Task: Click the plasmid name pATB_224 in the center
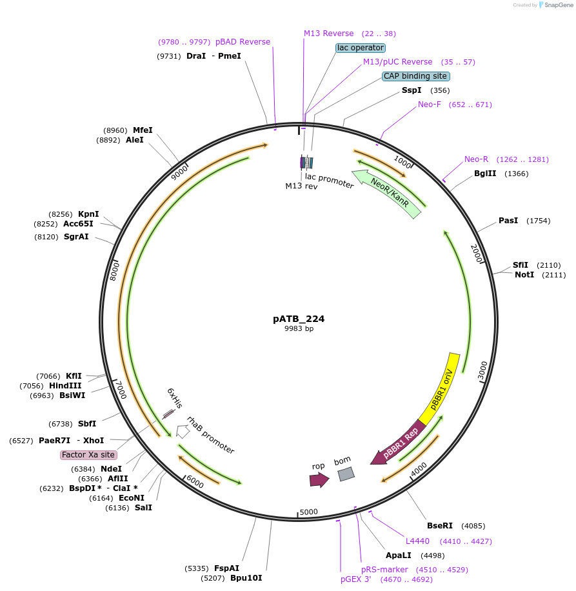click(x=299, y=319)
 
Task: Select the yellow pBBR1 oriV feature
click(x=440, y=389)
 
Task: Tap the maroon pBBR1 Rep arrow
click(x=398, y=443)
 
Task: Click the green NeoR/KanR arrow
click(x=387, y=193)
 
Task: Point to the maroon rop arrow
click(x=319, y=480)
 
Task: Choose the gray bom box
click(x=346, y=474)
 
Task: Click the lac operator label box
click(x=361, y=48)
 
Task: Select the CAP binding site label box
click(x=416, y=76)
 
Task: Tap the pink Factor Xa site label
click(x=88, y=455)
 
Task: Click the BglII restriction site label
click(x=485, y=174)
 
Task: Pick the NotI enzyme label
click(x=524, y=275)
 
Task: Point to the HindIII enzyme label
click(x=65, y=386)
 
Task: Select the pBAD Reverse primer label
click(x=243, y=42)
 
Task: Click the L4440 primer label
click(x=417, y=541)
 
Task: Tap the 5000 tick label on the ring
click(x=308, y=512)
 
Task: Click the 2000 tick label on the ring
click(x=477, y=254)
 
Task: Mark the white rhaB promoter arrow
click(x=183, y=432)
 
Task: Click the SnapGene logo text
click(x=559, y=5)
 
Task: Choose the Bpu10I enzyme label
click(x=246, y=578)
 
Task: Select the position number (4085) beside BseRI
click(x=473, y=526)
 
